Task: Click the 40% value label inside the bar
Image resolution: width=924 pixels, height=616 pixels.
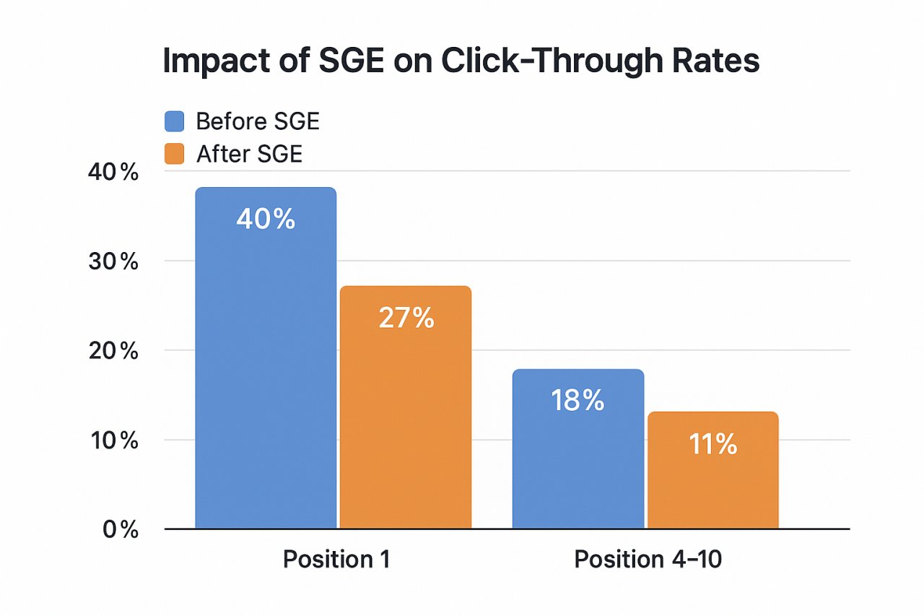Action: (266, 219)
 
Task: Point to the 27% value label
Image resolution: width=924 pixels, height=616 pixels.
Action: (406, 318)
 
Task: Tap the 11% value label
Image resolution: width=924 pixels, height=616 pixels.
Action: (712, 445)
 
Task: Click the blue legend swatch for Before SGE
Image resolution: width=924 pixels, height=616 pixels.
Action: (175, 121)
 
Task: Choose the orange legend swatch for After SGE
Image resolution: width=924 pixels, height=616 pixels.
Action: (175, 154)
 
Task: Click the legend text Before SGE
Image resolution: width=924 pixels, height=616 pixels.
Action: (257, 121)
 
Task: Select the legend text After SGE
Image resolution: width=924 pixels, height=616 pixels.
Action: (249, 154)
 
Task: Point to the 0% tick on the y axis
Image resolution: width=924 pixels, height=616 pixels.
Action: (120, 529)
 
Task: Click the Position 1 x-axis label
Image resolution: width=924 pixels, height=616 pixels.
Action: (336, 560)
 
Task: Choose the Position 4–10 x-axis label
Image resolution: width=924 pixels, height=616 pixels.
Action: (648, 560)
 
